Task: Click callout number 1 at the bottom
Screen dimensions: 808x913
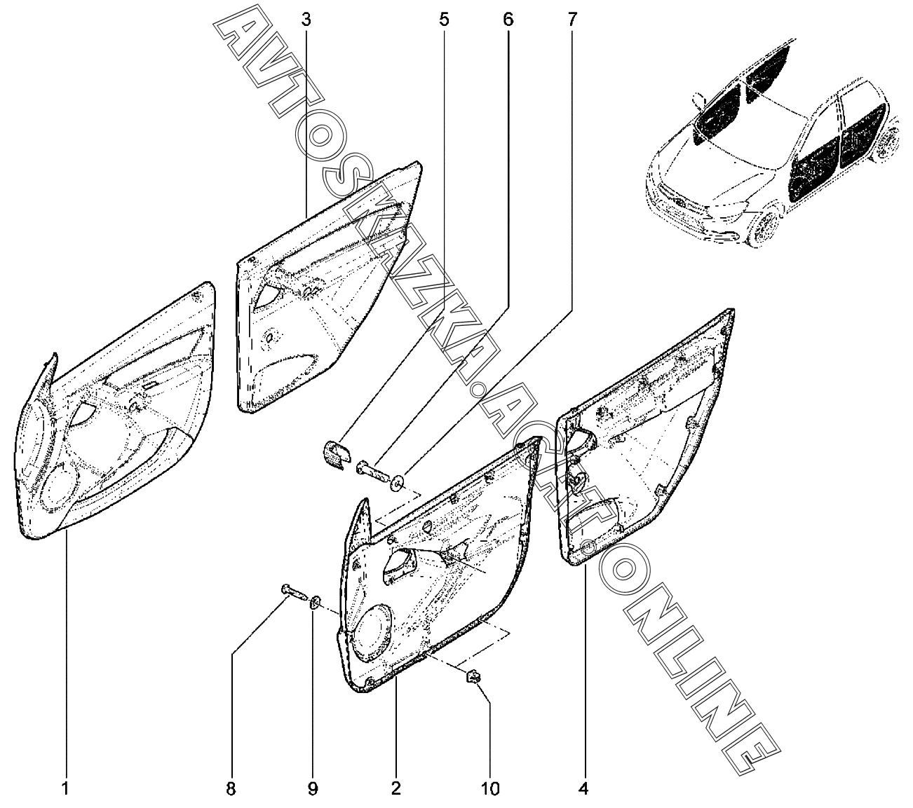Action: click(x=65, y=789)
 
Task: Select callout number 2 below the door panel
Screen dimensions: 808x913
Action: click(x=395, y=789)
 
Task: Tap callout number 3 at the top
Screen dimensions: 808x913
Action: click(x=306, y=20)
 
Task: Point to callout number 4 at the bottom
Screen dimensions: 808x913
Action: click(x=583, y=789)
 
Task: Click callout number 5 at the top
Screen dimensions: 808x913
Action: click(x=443, y=20)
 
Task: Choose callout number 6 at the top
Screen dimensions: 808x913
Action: click(x=508, y=20)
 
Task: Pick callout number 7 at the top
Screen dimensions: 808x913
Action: click(x=572, y=20)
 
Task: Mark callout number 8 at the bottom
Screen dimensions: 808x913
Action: click(x=231, y=789)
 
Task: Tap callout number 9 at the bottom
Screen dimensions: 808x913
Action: click(x=313, y=789)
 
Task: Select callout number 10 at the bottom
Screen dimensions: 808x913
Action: click(x=490, y=789)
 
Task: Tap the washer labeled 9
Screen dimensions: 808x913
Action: click(x=316, y=601)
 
